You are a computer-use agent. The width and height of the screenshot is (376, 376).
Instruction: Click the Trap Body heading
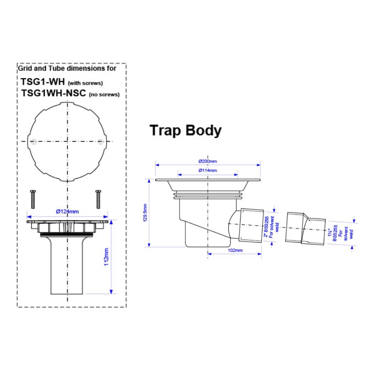[185, 131]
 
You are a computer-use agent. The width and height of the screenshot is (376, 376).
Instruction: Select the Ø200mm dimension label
[207, 162]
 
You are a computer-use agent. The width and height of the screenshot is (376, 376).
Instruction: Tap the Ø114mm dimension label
[207, 171]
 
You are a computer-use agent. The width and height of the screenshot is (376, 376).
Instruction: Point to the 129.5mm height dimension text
[145, 213]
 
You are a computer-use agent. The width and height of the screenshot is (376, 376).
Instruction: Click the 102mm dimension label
[235, 250]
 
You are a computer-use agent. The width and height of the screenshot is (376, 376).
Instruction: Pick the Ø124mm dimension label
[68, 212]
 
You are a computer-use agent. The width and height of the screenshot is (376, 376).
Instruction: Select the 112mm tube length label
[106, 257]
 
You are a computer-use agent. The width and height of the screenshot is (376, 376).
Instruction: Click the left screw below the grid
[33, 199]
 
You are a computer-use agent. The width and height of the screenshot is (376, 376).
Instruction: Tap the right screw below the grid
[98, 199]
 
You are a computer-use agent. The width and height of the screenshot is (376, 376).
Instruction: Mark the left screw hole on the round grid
[33, 142]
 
